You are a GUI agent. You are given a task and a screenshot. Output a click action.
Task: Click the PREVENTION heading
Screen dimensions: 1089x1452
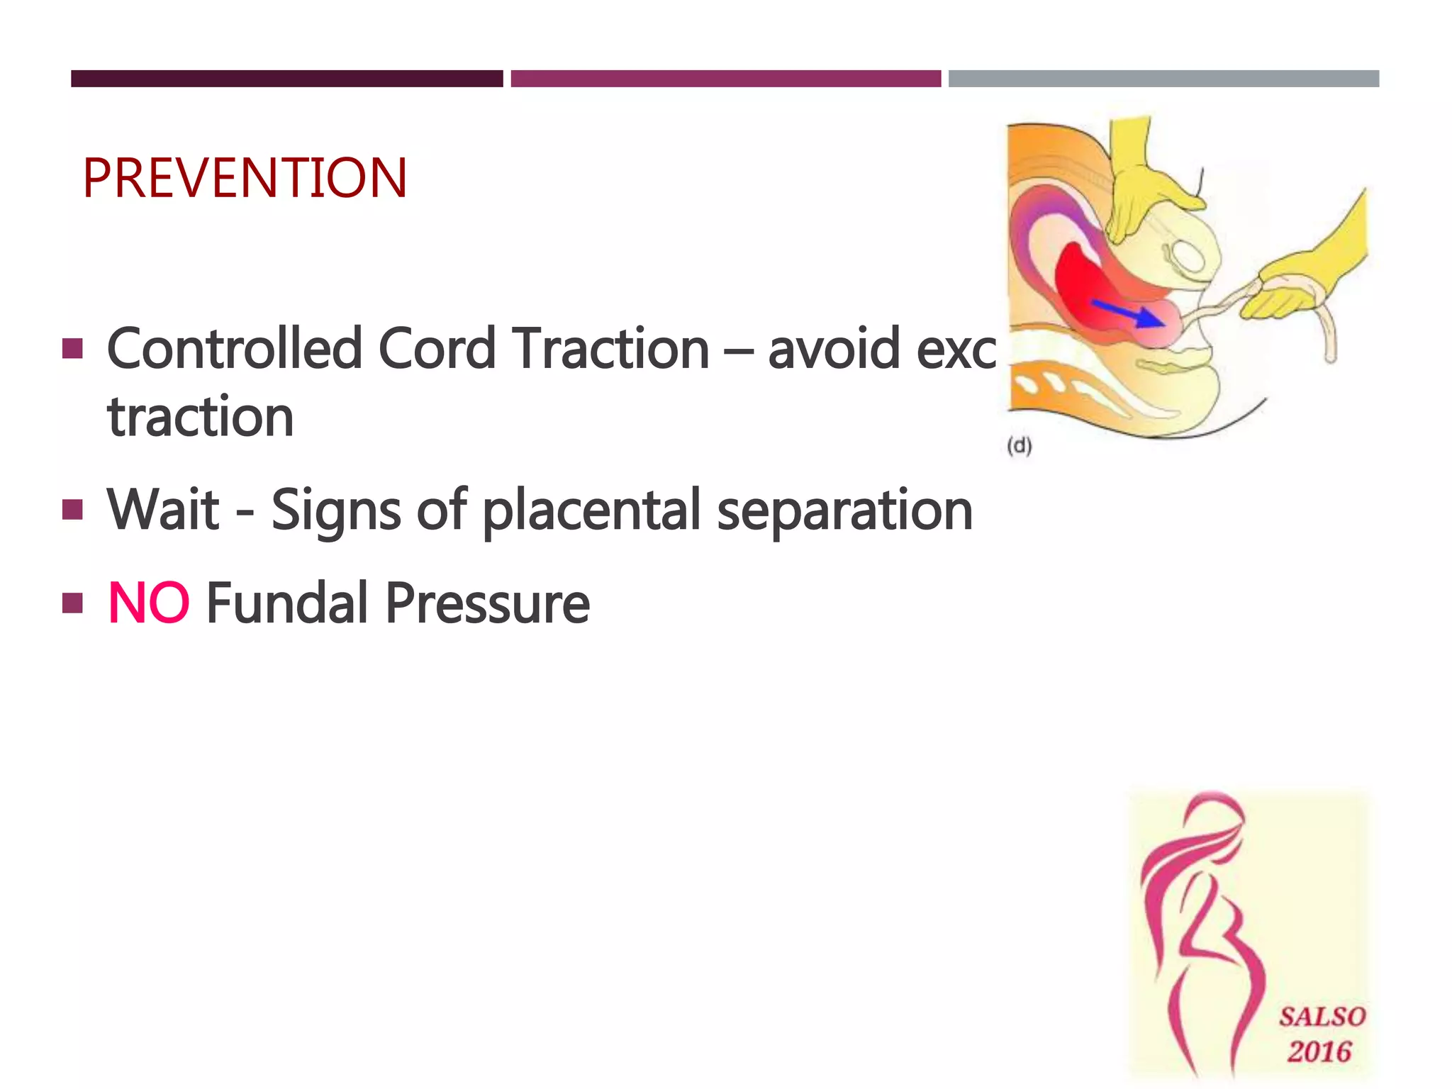[x=245, y=178]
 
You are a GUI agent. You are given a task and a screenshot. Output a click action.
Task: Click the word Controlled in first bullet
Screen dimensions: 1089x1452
[x=235, y=349]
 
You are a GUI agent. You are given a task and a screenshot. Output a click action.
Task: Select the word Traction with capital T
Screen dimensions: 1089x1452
[x=611, y=349]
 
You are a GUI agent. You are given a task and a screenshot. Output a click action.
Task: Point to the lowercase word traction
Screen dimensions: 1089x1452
[x=201, y=417]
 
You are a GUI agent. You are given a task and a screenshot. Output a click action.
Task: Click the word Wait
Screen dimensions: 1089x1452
[x=164, y=510]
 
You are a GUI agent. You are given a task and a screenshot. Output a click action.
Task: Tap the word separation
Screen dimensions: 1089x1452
[x=844, y=511]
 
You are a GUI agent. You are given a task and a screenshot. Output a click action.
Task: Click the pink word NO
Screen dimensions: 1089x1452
[x=148, y=603]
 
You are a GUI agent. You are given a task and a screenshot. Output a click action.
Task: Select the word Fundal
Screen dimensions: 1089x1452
[x=289, y=603]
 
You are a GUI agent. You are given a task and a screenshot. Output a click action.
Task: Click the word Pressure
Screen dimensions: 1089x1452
[x=487, y=603]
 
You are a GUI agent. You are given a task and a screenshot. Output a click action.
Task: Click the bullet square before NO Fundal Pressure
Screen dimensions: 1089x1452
[x=72, y=603]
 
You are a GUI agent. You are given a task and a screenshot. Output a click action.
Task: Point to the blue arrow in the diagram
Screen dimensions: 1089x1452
[x=1127, y=313]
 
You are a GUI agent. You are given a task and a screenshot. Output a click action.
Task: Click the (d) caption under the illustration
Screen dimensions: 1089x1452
[x=1020, y=446]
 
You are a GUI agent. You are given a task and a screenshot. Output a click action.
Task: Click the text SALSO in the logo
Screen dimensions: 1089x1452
[x=1322, y=1017]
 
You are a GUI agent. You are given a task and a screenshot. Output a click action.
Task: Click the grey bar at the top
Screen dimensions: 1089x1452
[x=1163, y=79]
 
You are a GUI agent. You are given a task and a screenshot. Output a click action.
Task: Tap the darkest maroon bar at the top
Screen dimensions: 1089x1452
[x=286, y=79]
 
